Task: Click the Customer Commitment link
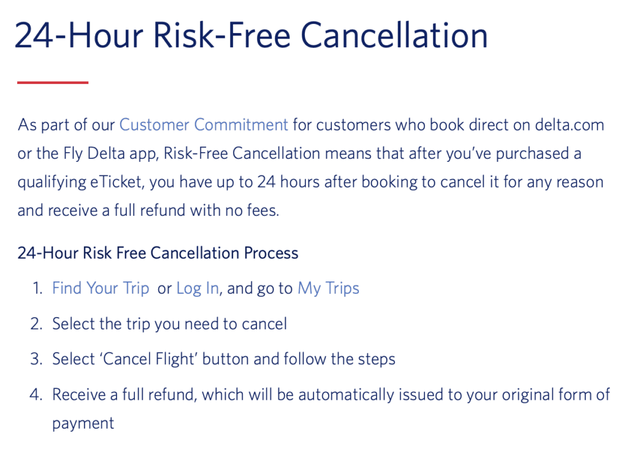pyautogui.click(x=204, y=125)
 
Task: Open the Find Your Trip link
pyautogui.click(x=101, y=288)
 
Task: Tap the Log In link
pyautogui.click(x=197, y=288)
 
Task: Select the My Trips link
pyautogui.click(x=328, y=288)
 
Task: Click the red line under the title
pyautogui.click(x=53, y=82)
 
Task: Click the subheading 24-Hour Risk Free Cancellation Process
pyautogui.click(x=158, y=253)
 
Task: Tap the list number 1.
pyautogui.click(x=37, y=288)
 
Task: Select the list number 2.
pyautogui.click(x=36, y=324)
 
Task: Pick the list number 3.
pyautogui.click(x=36, y=359)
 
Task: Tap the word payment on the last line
pyautogui.click(x=83, y=424)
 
